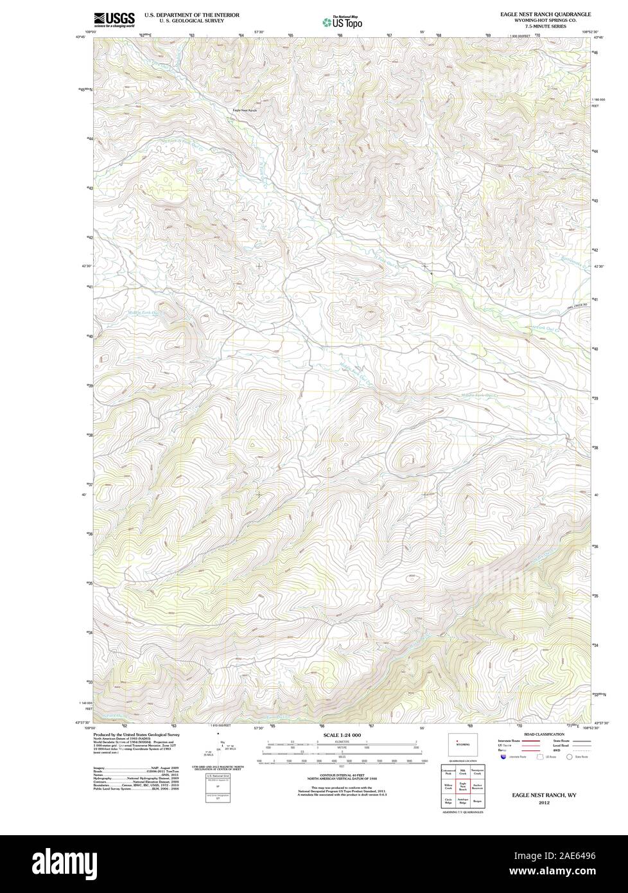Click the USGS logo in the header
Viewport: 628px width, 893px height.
pos(114,19)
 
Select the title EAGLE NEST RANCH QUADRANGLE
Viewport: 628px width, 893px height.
pos(546,13)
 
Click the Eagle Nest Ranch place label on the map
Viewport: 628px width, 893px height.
pos(245,111)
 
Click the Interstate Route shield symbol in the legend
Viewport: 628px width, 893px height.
pos(502,757)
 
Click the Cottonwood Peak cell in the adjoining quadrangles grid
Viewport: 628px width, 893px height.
pos(448,771)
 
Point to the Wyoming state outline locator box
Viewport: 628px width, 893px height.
pos(462,745)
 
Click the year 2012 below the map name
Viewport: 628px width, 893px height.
pos(544,802)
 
